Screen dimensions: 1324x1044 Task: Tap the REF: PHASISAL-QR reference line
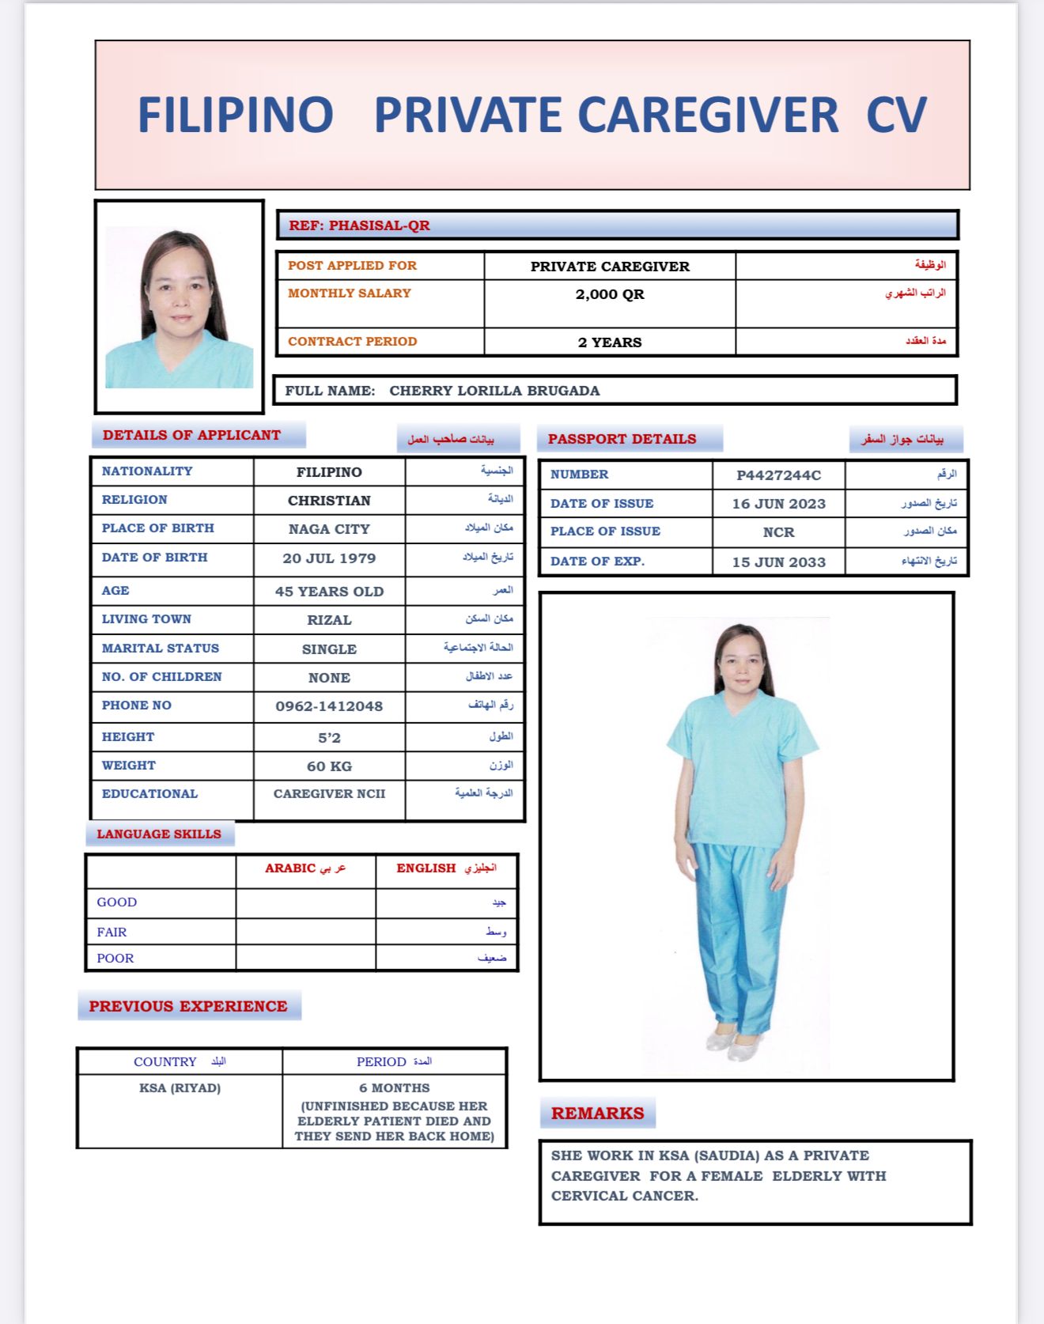(359, 225)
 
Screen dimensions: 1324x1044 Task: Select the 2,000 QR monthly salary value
(610, 294)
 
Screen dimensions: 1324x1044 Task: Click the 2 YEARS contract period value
(610, 342)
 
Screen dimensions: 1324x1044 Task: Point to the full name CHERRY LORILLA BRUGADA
(494, 391)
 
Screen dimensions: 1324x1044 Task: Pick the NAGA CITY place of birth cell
(329, 529)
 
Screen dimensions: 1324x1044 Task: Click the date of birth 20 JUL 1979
(329, 558)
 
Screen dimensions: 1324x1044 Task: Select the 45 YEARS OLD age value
(329, 592)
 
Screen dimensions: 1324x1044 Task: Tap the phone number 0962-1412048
(329, 706)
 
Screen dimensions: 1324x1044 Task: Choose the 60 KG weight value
(329, 766)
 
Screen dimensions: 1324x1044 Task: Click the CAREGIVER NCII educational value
(329, 794)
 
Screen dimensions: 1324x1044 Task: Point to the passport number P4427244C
(778, 475)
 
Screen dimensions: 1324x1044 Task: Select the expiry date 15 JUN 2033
(778, 562)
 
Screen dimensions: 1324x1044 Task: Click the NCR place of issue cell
(778, 532)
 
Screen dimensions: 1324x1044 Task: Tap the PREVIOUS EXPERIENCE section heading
(188, 1006)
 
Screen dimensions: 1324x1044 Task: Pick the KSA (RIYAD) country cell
(180, 1088)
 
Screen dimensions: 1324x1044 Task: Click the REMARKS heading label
(597, 1114)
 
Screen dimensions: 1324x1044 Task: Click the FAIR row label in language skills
(112, 932)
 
